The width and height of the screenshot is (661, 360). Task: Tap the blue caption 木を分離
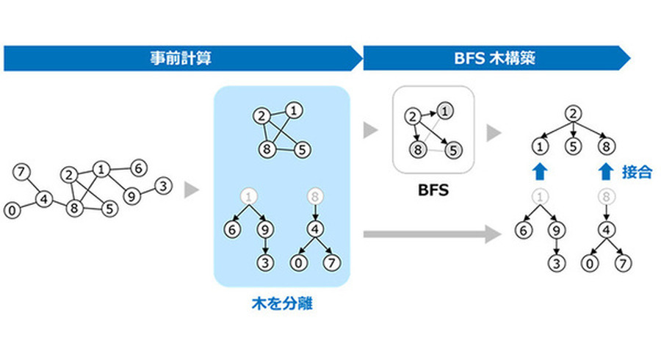(281, 303)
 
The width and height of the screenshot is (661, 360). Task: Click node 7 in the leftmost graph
(22, 173)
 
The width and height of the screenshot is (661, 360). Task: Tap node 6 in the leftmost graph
(137, 168)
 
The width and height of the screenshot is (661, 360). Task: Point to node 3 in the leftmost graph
(163, 186)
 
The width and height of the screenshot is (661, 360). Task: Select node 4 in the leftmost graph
(45, 198)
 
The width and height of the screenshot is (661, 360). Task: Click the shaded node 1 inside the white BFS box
(445, 112)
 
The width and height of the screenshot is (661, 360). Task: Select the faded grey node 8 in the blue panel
(316, 196)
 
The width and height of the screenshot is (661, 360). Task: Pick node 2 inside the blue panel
(260, 115)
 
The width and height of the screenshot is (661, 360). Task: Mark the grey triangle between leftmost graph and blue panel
(191, 190)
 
